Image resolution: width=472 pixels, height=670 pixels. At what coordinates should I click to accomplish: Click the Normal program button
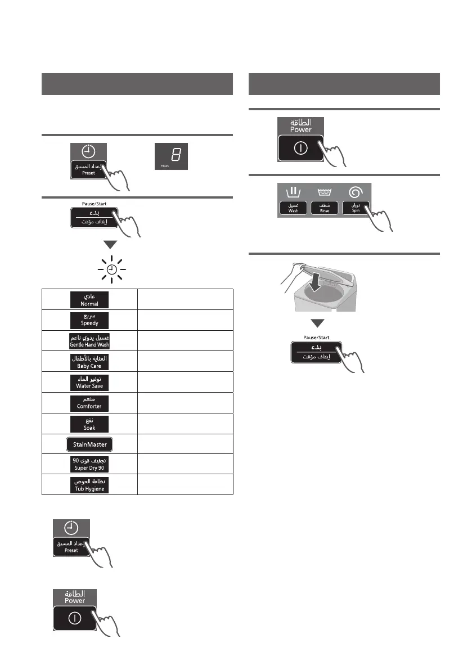pyautogui.click(x=89, y=299)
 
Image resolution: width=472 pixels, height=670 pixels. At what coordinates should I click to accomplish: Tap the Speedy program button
pyautogui.click(x=89, y=320)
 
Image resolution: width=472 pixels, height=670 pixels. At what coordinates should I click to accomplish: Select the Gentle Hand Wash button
pyautogui.click(x=89, y=340)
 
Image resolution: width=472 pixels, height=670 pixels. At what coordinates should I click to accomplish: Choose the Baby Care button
pyautogui.click(x=89, y=361)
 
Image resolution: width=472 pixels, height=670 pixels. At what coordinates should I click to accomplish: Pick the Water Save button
pyautogui.click(x=89, y=382)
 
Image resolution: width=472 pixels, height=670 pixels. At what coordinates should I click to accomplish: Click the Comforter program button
pyautogui.click(x=89, y=402)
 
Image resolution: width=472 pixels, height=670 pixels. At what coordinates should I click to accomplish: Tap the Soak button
pyautogui.click(x=89, y=423)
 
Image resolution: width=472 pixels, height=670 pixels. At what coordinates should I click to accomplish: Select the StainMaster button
pyautogui.click(x=89, y=444)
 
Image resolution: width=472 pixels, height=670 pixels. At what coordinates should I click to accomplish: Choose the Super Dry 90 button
pyautogui.click(x=89, y=464)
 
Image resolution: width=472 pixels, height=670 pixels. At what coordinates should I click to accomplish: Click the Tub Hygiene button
pyautogui.click(x=89, y=485)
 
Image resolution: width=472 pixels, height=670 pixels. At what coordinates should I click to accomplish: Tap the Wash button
pyautogui.click(x=293, y=208)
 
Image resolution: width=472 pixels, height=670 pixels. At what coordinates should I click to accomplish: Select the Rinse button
pyautogui.click(x=325, y=208)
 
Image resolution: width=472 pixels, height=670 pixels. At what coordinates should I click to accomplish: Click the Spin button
pyautogui.click(x=356, y=208)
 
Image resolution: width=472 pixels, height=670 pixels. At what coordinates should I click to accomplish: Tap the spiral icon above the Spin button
pyautogui.click(x=356, y=192)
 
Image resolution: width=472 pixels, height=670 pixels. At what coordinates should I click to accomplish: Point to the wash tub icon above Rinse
pyautogui.click(x=325, y=192)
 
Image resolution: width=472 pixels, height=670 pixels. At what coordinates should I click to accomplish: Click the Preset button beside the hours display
pyautogui.click(x=89, y=170)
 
